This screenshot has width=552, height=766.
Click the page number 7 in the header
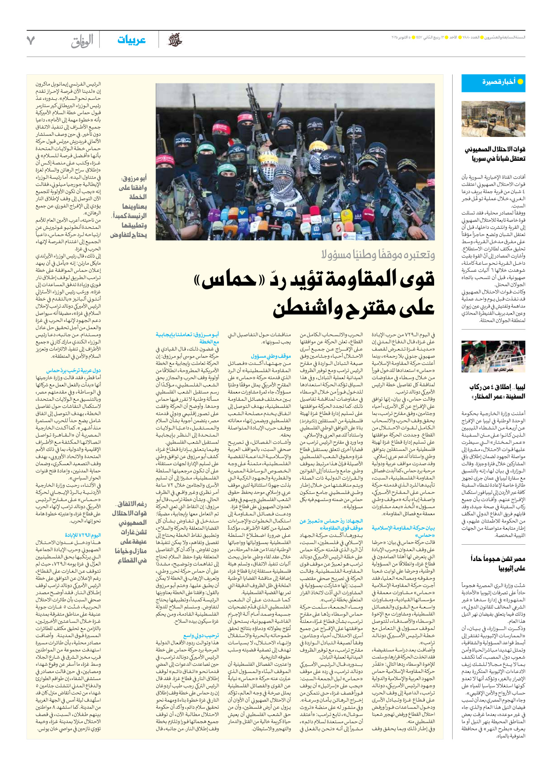[x=30, y=41]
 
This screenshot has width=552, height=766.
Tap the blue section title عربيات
[x=131, y=40]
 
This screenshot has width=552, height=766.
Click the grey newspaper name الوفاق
[x=82, y=42]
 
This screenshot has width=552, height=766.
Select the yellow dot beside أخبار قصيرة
[x=520, y=82]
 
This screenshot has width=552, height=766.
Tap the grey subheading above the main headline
[x=378, y=255]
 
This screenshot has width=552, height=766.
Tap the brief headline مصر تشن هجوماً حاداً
[x=497, y=563]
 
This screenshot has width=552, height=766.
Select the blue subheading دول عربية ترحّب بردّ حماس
[x=74, y=371]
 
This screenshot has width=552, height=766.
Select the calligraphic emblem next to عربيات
[x=175, y=40]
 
